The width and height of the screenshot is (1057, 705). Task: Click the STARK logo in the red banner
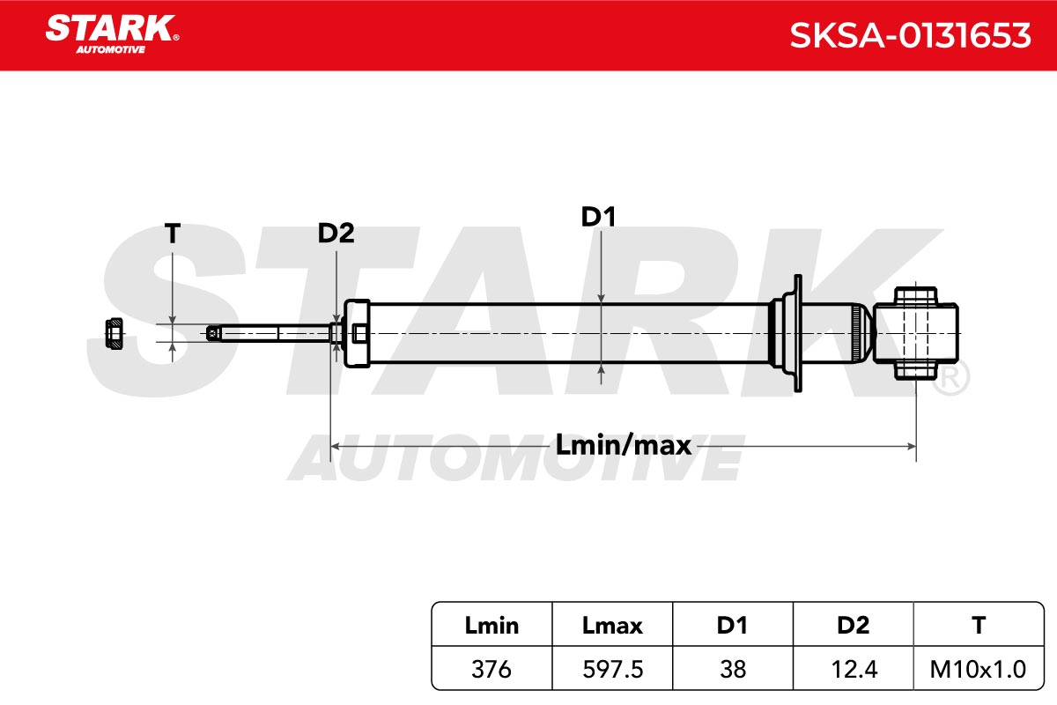pos(112,34)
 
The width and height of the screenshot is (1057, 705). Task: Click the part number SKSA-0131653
pos(910,35)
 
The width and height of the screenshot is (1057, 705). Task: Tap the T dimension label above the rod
pos(173,234)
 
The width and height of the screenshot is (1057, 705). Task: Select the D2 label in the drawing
pos(336,233)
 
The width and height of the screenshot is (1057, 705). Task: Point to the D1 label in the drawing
pos(598,217)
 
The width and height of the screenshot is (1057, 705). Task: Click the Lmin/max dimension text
pos(624,445)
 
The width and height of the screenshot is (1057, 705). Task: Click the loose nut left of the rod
pos(115,334)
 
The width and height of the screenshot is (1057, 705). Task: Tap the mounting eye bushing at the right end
pos(915,333)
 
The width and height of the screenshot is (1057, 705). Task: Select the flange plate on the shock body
pos(797,333)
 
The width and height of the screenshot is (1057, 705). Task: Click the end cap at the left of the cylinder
pos(356,333)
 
